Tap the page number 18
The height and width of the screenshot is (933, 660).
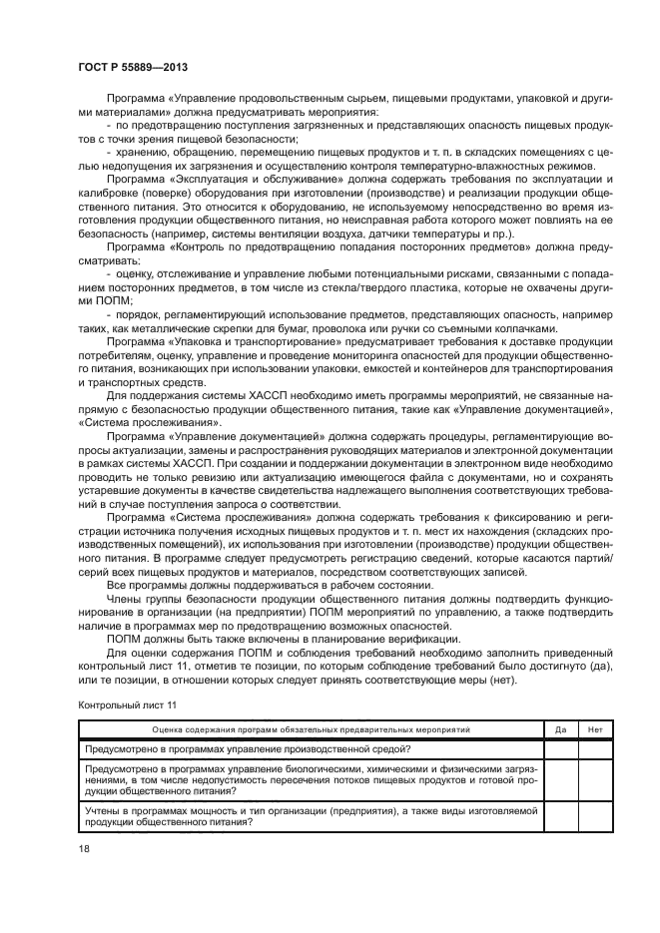coord(83,847)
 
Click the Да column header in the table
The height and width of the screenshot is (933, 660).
coord(560,729)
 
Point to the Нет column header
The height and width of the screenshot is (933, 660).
coord(595,729)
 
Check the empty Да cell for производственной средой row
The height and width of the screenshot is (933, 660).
coord(560,747)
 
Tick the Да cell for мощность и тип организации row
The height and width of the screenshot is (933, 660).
coord(560,817)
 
